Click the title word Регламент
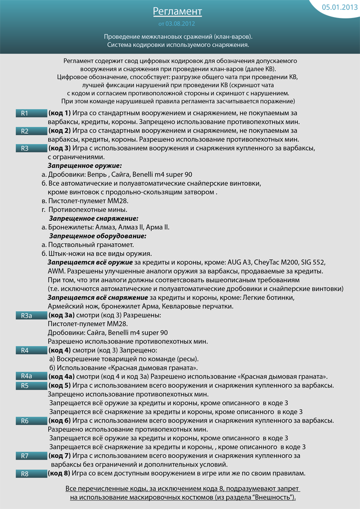(177, 11)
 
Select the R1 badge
(31, 113)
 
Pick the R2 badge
(31, 131)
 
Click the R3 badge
(31, 148)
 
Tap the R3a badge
(31, 316)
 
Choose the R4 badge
(31, 350)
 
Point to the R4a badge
(31, 376)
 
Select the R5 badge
(31, 385)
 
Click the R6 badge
(31, 421)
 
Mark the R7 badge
(31, 456)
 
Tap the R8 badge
(31, 473)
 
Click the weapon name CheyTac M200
(274, 262)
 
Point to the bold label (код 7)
(59, 456)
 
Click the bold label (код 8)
(59, 473)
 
